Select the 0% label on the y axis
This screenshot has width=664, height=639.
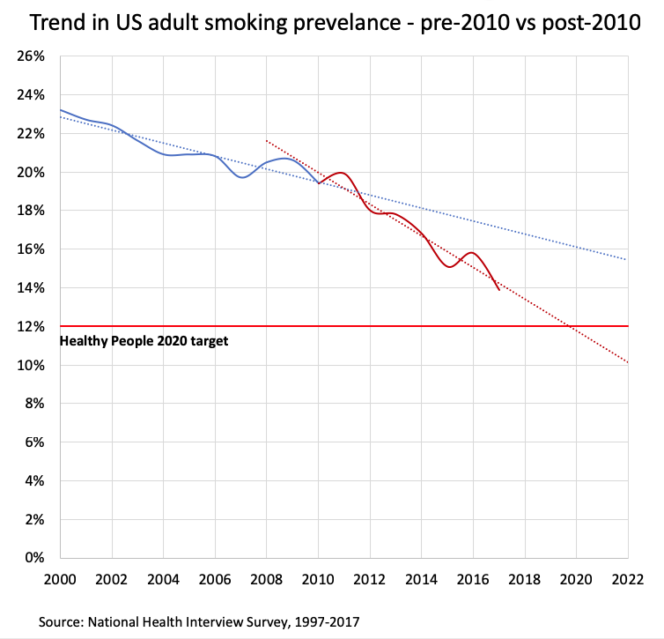pos(33,558)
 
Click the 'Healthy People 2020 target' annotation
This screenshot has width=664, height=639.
pos(144,340)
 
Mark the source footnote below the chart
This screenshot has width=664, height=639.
pos(199,621)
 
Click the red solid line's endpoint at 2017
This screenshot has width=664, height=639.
pos(499,290)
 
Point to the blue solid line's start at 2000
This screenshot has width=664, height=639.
pos(60,110)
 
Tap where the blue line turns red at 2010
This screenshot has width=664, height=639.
pos(318,182)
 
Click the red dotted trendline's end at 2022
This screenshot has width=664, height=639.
pos(628,362)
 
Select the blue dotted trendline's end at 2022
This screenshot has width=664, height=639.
pos(628,260)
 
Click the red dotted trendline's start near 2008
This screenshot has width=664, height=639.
pos(266,140)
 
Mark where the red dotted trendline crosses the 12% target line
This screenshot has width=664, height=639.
pos(573,326)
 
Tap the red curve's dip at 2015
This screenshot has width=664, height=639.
pos(449,266)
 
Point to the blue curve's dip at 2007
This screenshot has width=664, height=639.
pos(241,177)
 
